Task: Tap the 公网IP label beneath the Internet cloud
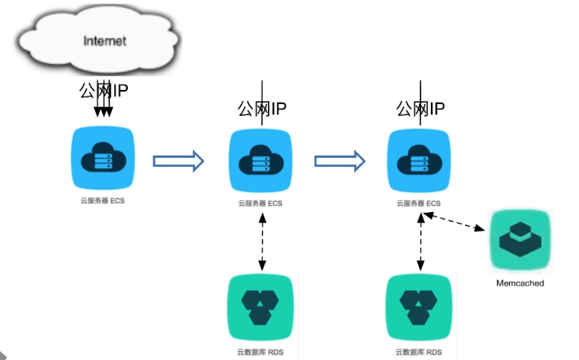tap(104, 91)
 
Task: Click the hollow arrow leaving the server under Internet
tap(178, 161)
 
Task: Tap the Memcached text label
tap(520, 283)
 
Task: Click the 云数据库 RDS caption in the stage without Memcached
tap(260, 352)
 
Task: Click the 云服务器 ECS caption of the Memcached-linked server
tap(418, 203)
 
